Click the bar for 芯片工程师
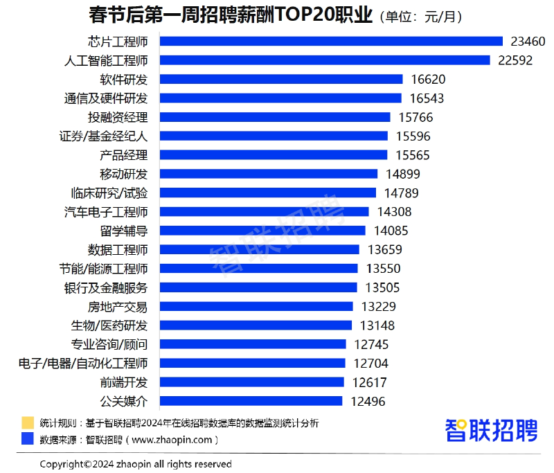tap(331, 42)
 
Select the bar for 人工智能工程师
tap(325, 60)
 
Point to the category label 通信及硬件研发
tap(106, 98)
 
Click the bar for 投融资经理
tap(275, 117)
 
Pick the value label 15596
tap(413, 136)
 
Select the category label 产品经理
tap(124, 155)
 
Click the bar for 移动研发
tap(269, 174)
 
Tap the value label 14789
tap(401, 193)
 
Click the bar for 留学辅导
tap(262, 231)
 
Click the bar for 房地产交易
tap(256, 306)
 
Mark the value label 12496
tap(368, 401)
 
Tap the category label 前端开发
tap(124, 382)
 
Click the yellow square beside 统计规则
tap(28, 422)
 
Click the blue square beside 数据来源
tap(28, 438)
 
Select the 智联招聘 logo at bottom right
tap(491, 430)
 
